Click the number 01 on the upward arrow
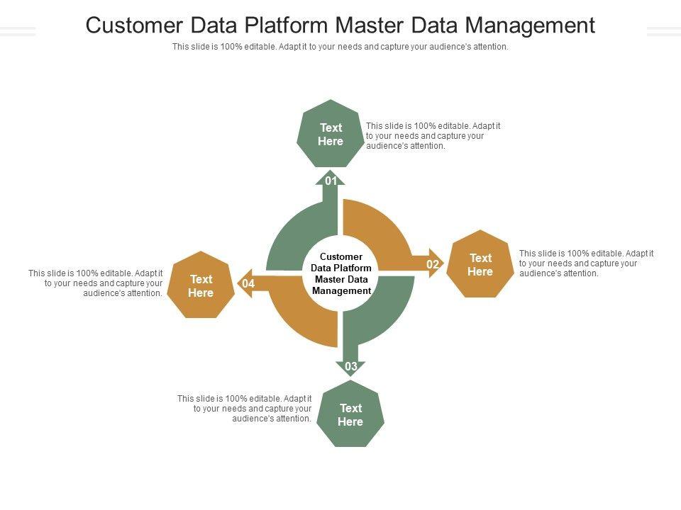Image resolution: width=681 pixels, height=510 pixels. [x=331, y=181]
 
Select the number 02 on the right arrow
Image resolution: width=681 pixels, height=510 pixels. [x=432, y=264]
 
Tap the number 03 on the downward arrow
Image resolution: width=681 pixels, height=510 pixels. [x=351, y=366]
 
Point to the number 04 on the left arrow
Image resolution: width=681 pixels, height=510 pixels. [x=248, y=284]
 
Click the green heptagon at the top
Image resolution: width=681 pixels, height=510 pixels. [x=331, y=135]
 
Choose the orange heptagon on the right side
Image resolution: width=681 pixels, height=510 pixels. [x=480, y=264]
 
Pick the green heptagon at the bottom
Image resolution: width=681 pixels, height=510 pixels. [x=350, y=414]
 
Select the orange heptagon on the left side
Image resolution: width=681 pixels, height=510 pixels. [x=201, y=285]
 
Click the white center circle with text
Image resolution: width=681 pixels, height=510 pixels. [x=341, y=273]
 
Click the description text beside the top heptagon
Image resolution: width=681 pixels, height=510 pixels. [x=433, y=136]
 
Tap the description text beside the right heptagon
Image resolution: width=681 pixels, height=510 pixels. [x=586, y=263]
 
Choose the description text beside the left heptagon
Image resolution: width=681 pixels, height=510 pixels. [x=96, y=283]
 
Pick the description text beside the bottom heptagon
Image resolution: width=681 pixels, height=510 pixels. [x=245, y=409]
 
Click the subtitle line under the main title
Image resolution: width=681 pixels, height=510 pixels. [x=340, y=47]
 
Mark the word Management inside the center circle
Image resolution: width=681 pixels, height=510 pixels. [x=341, y=291]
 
